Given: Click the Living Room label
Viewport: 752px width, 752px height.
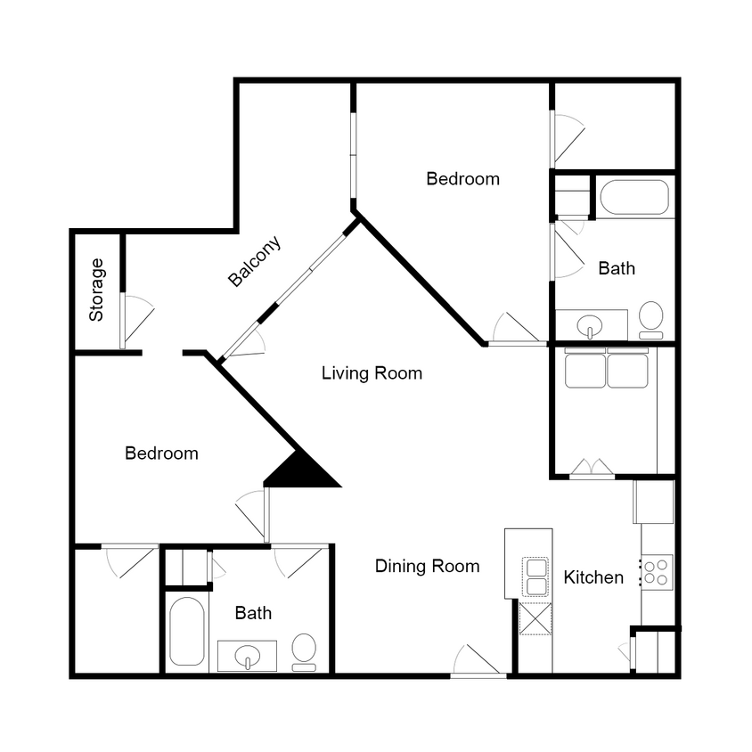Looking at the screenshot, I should click(372, 373).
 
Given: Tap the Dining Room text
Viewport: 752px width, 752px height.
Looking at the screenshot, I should click(427, 566).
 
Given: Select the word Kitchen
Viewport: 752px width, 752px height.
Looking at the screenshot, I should click(593, 577).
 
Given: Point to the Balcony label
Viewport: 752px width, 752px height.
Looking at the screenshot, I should click(254, 261).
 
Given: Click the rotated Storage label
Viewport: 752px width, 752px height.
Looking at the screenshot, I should click(96, 290).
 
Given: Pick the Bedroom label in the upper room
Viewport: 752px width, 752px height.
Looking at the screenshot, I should click(462, 178).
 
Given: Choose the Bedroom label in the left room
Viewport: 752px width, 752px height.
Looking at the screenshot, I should click(161, 454).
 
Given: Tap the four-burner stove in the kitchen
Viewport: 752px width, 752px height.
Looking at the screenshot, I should click(658, 571).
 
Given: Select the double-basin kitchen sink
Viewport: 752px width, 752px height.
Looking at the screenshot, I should click(535, 576).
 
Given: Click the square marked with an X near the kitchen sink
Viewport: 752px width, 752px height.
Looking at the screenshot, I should click(535, 618).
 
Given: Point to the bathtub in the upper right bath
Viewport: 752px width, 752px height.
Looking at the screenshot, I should click(633, 198).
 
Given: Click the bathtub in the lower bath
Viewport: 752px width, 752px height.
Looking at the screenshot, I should click(186, 631).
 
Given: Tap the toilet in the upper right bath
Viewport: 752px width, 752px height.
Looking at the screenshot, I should click(651, 319).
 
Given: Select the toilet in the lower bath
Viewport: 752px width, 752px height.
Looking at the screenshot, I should click(305, 651).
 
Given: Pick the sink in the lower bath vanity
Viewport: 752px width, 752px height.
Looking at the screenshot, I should click(247, 658).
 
